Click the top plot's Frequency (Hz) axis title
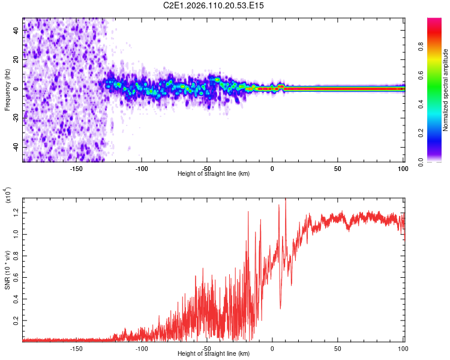click(x=7, y=90)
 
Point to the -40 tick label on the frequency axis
click(x=14, y=147)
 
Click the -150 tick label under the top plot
click(x=76, y=169)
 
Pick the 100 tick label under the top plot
click(x=401, y=169)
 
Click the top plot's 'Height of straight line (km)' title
click(x=214, y=174)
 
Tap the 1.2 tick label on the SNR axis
click(x=16, y=212)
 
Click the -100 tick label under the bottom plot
click(x=142, y=349)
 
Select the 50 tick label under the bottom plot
click(x=337, y=349)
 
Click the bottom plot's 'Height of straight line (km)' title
click(x=214, y=354)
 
